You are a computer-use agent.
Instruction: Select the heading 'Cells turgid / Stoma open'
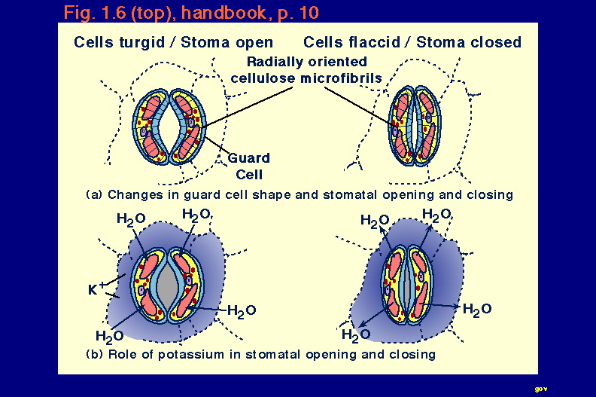[x=173, y=42]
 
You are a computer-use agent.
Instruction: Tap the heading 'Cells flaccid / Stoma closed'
[x=412, y=42]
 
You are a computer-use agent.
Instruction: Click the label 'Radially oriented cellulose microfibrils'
[x=306, y=70]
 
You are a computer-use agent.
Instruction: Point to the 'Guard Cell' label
[x=249, y=166]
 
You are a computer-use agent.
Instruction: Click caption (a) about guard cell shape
[x=300, y=194]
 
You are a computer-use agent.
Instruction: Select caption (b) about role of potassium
[x=260, y=354]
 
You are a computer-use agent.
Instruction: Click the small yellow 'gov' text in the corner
[x=541, y=389]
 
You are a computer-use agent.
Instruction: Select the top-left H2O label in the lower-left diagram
[x=131, y=219]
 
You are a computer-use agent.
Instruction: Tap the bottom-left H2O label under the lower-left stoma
[x=109, y=337]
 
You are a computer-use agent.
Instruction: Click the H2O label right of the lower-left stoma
[x=242, y=311]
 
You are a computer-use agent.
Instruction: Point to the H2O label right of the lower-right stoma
[x=477, y=309]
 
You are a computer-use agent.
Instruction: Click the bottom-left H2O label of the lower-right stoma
[x=356, y=335]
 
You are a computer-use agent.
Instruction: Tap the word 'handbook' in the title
[x=224, y=13]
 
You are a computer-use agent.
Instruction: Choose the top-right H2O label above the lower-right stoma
[x=436, y=215]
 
